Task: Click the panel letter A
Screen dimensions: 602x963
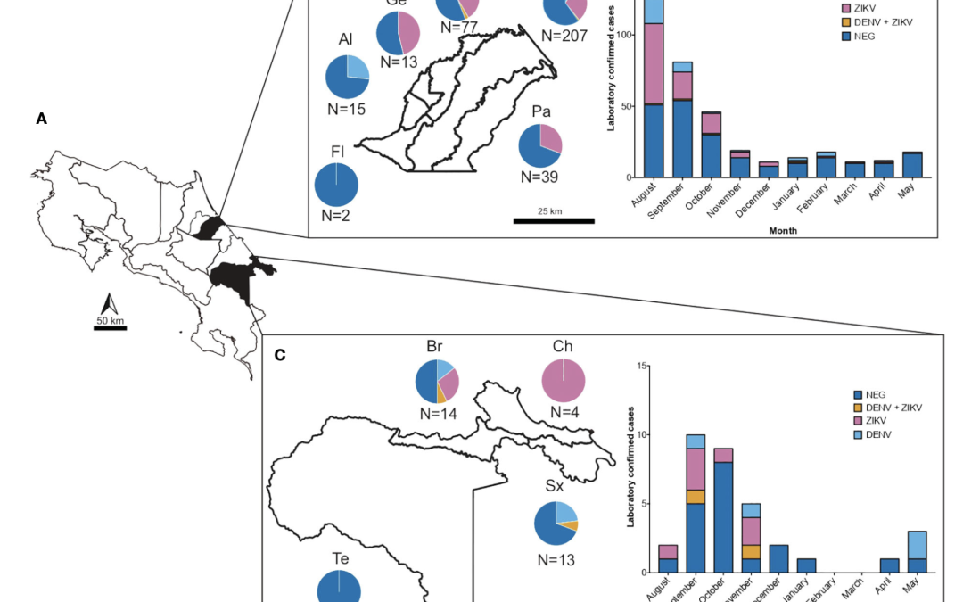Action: pos(41,118)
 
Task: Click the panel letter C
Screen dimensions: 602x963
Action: pos(280,355)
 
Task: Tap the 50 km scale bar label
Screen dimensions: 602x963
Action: pos(111,320)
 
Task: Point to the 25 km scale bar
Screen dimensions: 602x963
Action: pos(554,219)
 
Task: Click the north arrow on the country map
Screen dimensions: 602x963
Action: pos(111,302)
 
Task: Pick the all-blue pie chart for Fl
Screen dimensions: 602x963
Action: pos(336,185)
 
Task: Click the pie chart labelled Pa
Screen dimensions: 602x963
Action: pos(540,145)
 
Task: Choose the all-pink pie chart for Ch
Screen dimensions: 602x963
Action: pos(564,380)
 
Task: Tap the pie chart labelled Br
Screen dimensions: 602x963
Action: pos(437,381)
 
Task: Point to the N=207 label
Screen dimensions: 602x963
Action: pos(564,36)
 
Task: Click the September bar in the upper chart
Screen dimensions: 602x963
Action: pos(682,120)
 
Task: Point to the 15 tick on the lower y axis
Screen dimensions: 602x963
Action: pos(642,366)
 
